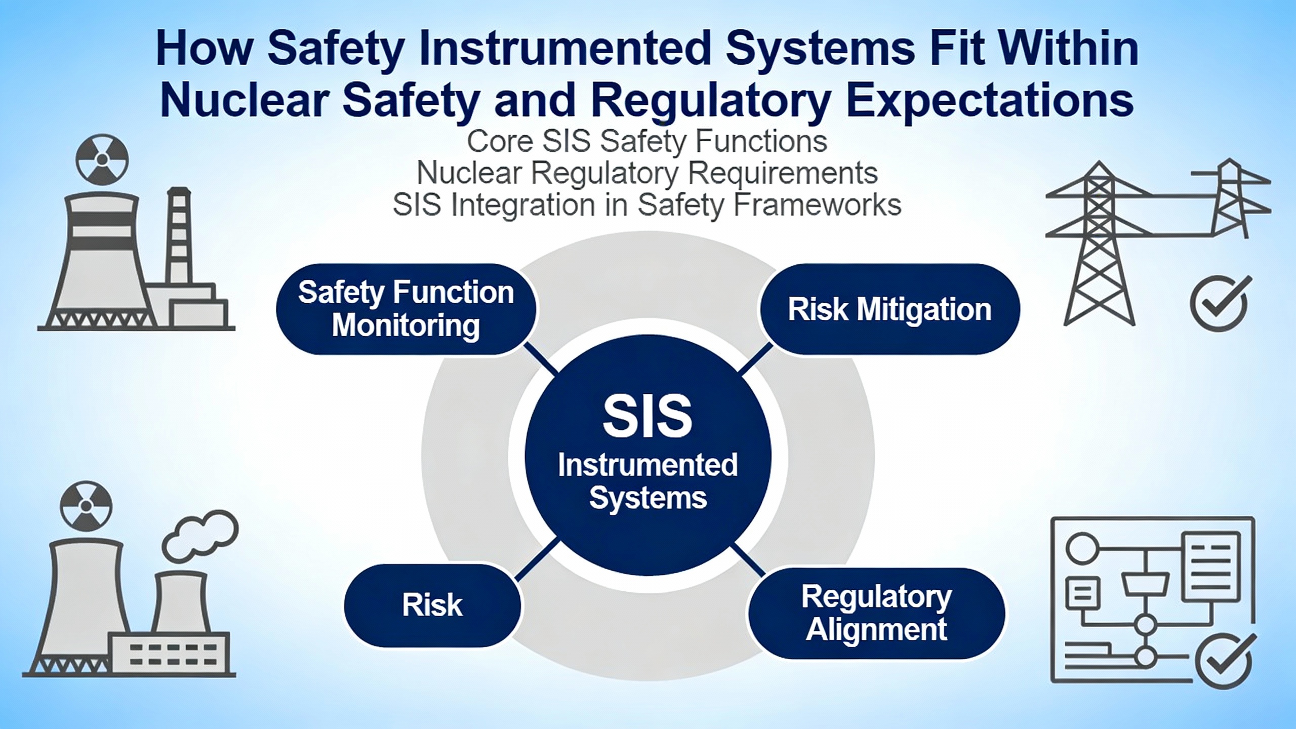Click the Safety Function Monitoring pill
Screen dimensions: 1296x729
coord(406,309)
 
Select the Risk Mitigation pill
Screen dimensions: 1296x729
coord(889,309)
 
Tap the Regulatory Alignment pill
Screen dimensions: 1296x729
coord(876,613)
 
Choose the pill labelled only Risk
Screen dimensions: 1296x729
coord(432,605)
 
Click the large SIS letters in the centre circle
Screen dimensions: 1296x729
coord(647,416)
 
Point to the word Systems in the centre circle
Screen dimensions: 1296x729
coord(648,498)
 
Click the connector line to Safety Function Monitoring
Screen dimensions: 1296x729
coord(541,358)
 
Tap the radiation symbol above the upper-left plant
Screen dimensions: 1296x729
coord(102,159)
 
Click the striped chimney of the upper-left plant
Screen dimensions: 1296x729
coord(178,236)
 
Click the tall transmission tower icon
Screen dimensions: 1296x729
coord(1099,243)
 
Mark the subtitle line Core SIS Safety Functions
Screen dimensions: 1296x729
coord(647,141)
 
